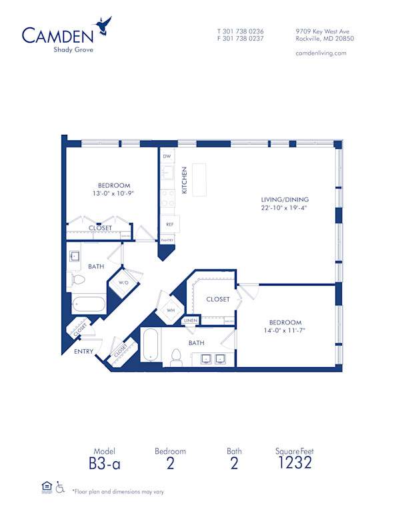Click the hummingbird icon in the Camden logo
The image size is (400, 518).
(x=103, y=27)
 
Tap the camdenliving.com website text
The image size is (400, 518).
(x=321, y=53)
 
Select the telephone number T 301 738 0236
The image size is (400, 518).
(x=241, y=31)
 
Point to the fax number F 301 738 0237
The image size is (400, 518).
(x=241, y=39)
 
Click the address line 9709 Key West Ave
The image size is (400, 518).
(x=324, y=31)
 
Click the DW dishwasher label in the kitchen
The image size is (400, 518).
(x=167, y=156)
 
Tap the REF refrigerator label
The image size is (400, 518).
(x=169, y=224)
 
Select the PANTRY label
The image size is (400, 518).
(x=167, y=240)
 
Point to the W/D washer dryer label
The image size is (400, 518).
(x=123, y=283)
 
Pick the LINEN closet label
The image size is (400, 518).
(x=190, y=321)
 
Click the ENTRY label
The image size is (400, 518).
(x=83, y=352)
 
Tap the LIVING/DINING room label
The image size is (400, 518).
(x=285, y=200)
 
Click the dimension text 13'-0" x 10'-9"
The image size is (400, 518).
(x=113, y=194)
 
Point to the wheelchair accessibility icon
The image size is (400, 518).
(x=61, y=488)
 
